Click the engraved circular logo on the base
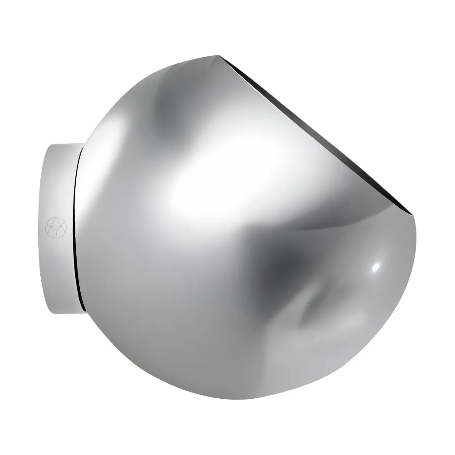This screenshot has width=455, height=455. [56, 227]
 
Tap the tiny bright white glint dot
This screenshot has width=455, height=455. [376, 267]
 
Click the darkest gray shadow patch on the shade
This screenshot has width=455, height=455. [284, 266]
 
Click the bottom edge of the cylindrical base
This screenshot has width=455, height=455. [66, 312]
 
